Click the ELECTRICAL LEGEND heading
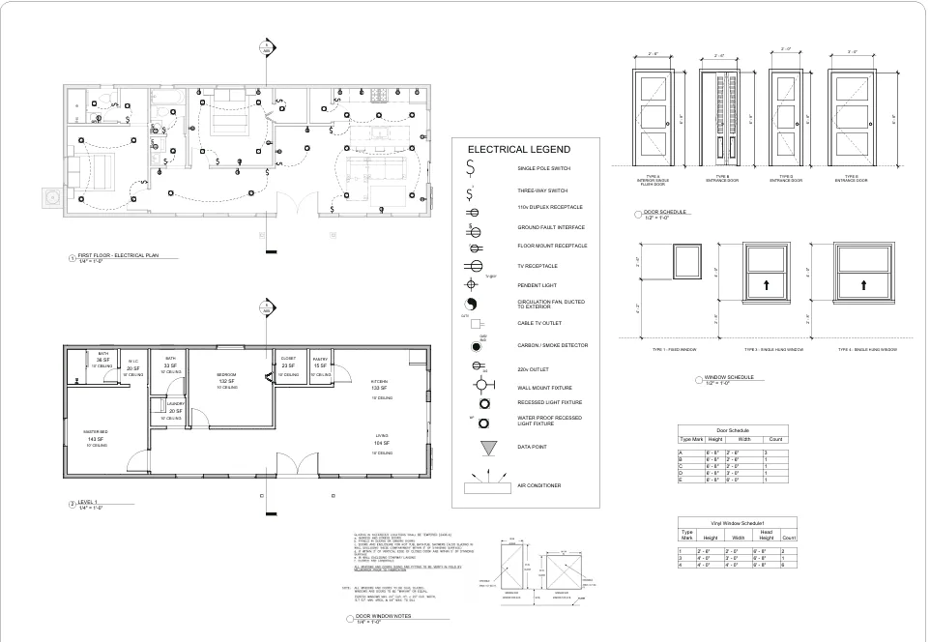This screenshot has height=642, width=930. (518, 150)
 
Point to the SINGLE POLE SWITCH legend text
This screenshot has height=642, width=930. (542, 168)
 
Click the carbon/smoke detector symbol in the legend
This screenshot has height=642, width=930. (476, 345)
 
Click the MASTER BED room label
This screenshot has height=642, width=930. (94, 432)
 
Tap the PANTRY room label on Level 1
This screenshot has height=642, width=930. (321, 360)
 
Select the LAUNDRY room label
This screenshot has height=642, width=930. (175, 404)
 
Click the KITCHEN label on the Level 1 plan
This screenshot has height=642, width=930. (379, 382)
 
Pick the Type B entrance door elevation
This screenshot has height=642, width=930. (719, 117)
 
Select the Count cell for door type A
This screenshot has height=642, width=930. (766, 452)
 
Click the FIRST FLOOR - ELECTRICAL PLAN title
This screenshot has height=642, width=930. (117, 256)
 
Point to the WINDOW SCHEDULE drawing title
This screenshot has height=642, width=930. (731, 377)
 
